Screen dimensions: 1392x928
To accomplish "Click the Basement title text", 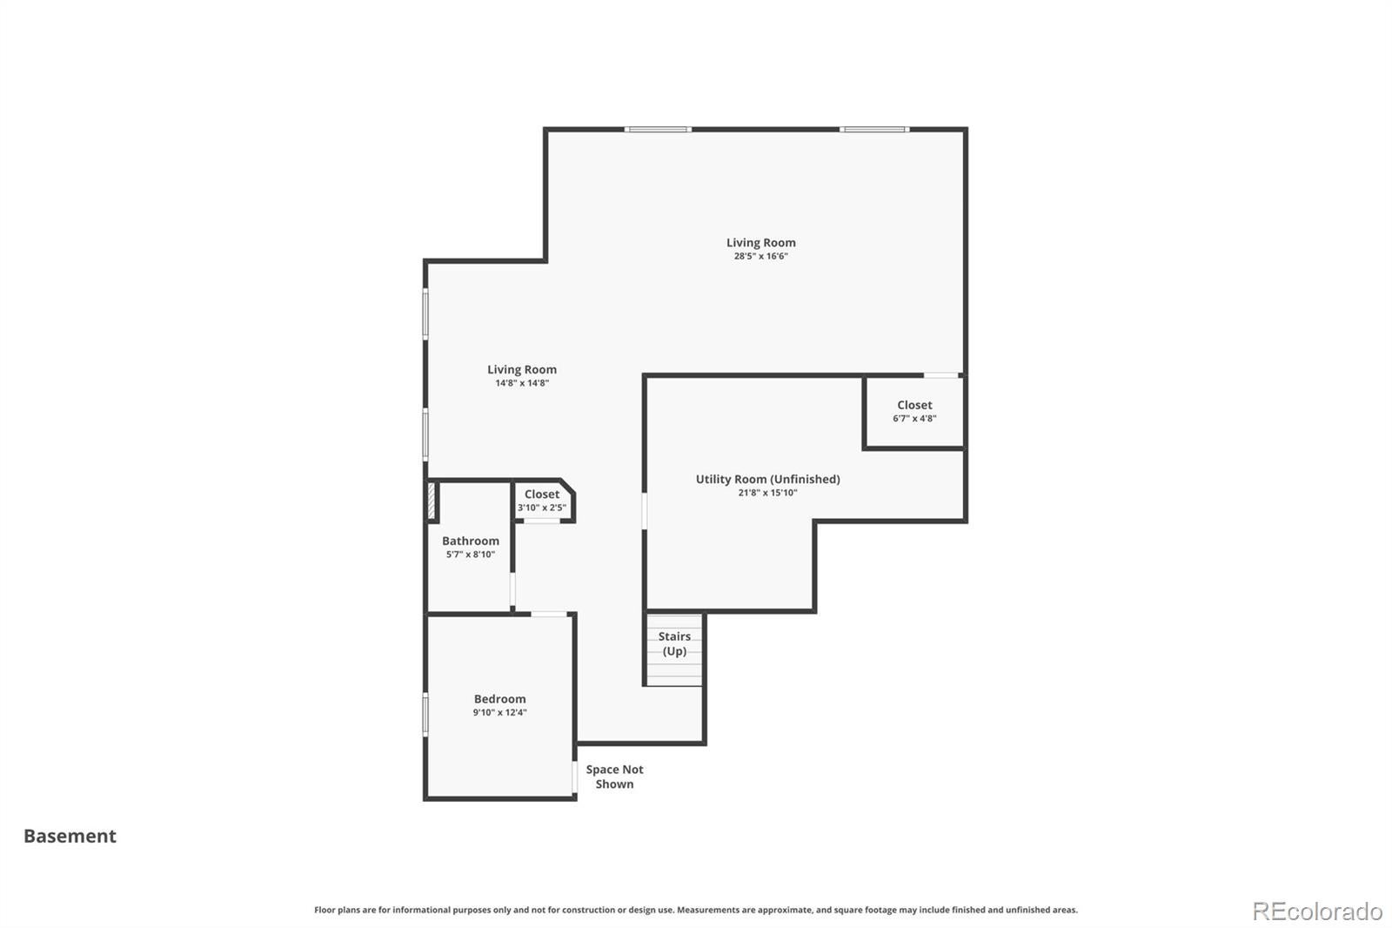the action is coord(70,836).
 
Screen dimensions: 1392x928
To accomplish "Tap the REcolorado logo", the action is coord(1317,911).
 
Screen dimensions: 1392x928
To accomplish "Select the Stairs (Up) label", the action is coord(674,643).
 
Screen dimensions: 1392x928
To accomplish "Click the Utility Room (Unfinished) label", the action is coord(767,479).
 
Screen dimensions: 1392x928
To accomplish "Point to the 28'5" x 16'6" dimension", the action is coord(760,256).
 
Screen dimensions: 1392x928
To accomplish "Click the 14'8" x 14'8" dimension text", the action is coord(522,383).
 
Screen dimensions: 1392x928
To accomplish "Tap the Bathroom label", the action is coord(471,541).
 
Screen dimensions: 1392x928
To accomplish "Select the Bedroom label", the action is coord(499,699).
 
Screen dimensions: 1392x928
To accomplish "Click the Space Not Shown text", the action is coord(614,777).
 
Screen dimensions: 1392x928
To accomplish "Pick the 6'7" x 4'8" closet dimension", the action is coord(914,419).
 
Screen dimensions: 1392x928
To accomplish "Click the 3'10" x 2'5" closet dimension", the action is coord(542,508).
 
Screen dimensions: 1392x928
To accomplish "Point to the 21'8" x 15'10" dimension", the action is coord(767,493).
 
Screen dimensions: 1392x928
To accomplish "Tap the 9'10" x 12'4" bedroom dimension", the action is coord(499,713).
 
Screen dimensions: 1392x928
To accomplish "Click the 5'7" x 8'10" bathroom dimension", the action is coord(471,555).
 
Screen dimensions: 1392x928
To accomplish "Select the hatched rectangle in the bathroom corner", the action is coord(432,501).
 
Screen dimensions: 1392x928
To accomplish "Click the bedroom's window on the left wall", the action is coord(425,715).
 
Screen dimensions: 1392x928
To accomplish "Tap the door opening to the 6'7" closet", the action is coord(940,375).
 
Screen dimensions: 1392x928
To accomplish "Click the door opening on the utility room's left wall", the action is coord(645,511).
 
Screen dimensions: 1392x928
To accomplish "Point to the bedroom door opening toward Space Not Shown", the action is coord(575,777).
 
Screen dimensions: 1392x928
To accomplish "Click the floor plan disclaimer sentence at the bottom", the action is coord(696,910).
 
